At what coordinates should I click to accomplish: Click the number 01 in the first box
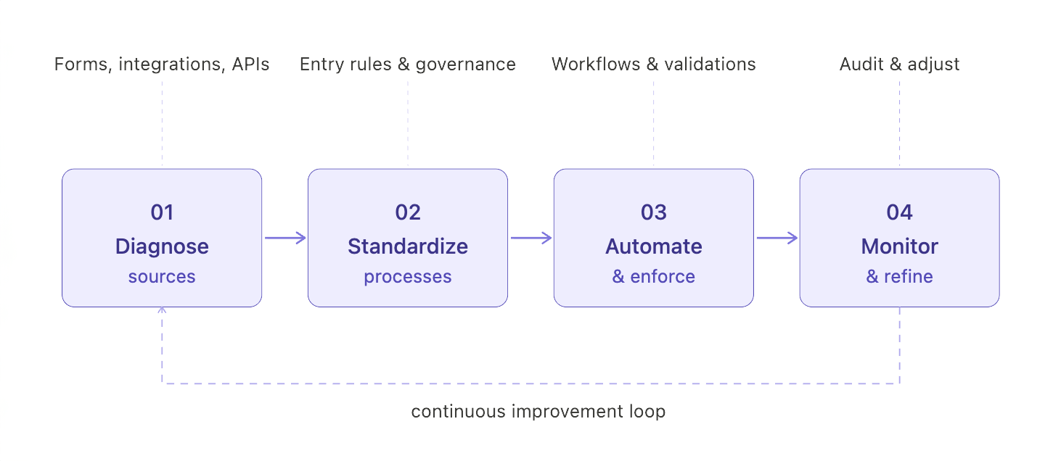pyautogui.click(x=162, y=212)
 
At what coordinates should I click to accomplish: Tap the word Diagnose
pyautogui.click(x=162, y=246)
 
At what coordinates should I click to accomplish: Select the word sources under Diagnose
pyautogui.click(x=162, y=277)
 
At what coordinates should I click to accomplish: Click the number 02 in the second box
pyautogui.click(x=408, y=212)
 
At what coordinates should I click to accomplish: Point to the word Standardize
pyautogui.click(x=408, y=246)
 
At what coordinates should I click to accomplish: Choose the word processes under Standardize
pyautogui.click(x=408, y=277)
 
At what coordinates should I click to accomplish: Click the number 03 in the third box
pyautogui.click(x=654, y=212)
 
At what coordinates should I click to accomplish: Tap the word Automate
pyautogui.click(x=654, y=246)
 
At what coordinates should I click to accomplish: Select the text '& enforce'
pyautogui.click(x=654, y=277)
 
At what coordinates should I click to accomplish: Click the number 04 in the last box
pyautogui.click(x=900, y=212)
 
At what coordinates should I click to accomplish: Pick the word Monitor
pyautogui.click(x=900, y=246)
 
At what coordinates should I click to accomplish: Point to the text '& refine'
pyautogui.click(x=900, y=277)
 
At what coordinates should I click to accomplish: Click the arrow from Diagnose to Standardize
pyautogui.click(x=285, y=238)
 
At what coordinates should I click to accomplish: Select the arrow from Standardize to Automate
pyautogui.click(x=531, y=238)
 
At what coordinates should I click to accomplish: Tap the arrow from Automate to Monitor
pyautogui.click(x=777, y=238)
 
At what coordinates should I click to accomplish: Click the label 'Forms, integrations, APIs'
pyautogui.click(x=162, y=65)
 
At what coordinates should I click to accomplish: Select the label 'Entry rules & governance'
pyautogui.click(x=408, y=65)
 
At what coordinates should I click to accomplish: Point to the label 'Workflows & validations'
pyautogui.click(x=654, y=65)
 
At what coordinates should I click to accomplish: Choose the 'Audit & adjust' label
pyautogui.click(x=900, y=65)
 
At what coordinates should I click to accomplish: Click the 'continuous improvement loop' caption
pyautogui.click(x=538, y=412)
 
